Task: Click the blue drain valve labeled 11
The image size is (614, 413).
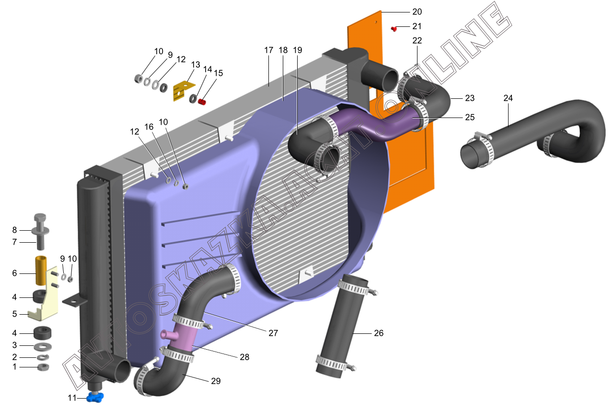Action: (x=95, y=397)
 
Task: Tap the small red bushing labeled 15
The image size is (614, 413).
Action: (x=202, y=102)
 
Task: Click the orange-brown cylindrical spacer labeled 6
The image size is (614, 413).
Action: (x=41, y=271)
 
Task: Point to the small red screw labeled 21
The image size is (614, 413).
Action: (x=394, y=28)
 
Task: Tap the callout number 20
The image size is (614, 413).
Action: (x=417, y=12)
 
